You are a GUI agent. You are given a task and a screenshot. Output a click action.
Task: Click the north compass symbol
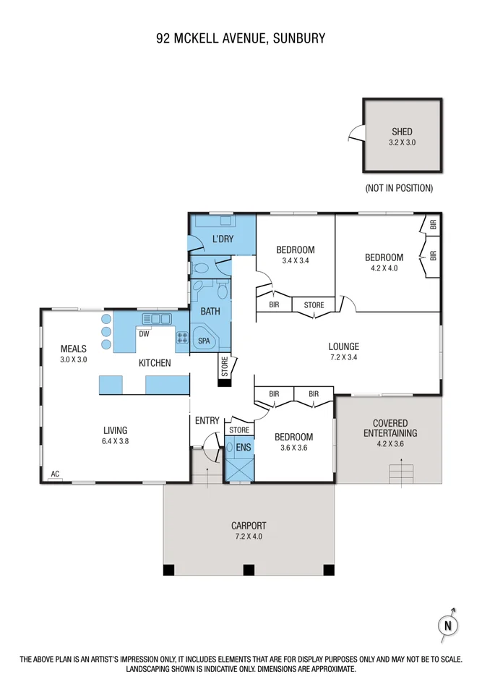pyautogui.click(x=449, y=625)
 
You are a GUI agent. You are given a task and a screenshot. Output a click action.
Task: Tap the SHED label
pyautogui.click(x=402, y=132)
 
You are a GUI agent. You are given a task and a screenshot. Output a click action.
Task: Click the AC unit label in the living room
pyautogui.click(x=54, y=475)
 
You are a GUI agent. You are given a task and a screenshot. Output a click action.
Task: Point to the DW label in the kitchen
pyautogui.click(x=144, y=334)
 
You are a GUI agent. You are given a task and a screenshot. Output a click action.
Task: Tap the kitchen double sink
pyautogui.click(x=155, y=317)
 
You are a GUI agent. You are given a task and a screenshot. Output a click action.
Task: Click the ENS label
pyautogui.click(x=243, y=448)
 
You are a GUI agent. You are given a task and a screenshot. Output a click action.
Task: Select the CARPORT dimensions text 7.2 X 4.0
pyautogui.click(x=248, y=537)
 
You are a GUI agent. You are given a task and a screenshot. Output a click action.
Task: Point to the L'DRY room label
pyautogui.click(x=223, y=239)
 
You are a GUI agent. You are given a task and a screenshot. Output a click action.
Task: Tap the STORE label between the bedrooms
pyautogui.click(x=314, y=305)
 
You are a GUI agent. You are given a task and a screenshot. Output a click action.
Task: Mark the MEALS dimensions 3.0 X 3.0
pyautogui.click(x=73, y=359)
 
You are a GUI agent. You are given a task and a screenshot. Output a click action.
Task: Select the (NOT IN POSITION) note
pyautogui.click(x=399, y=188)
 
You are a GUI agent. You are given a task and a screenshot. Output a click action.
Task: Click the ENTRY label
pyautogui.click(x=207, y=420)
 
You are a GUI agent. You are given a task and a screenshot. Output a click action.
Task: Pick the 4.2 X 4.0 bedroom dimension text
pyautogui.click(x=383, y=268)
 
